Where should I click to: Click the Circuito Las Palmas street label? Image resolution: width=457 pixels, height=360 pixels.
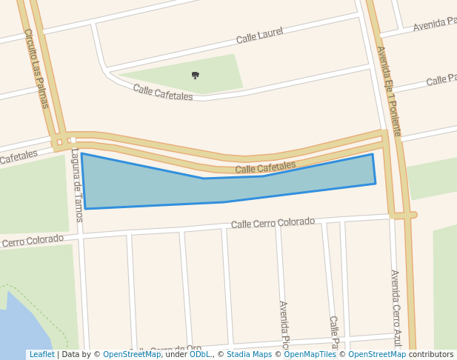coord(36,68)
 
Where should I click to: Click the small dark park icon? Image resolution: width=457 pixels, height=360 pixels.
coord(196,75)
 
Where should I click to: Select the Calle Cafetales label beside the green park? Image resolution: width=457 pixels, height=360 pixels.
coord(163,93)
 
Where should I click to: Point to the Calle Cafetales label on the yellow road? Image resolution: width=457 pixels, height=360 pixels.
coord(265,168)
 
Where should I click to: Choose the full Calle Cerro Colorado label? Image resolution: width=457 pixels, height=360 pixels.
coord(273,222)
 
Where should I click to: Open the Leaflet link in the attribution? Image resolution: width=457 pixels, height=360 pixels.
coord(41,355)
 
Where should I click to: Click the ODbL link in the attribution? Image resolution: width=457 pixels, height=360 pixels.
coord(200,355)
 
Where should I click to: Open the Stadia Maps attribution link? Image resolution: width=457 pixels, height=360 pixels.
coord(248,355)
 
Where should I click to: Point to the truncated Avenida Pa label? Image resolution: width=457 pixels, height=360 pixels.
coord(435,24)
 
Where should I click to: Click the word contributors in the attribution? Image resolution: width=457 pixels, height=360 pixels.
coord(431,355)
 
